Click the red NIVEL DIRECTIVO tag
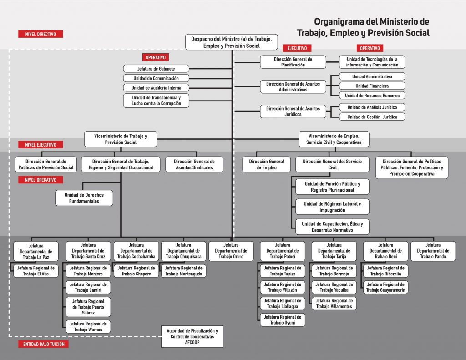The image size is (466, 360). tap(41, 34)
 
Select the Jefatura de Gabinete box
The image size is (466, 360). tap(156, 69)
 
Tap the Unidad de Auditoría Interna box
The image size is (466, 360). tap(156, 87)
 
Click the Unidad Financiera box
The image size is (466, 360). tap(372, 86)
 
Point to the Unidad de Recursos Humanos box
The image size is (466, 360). tap(372, 96)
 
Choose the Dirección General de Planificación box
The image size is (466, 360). tap(293, 62)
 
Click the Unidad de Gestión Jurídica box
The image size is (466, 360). tap(372, 117)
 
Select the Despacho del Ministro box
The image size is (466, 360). tap(232, 42)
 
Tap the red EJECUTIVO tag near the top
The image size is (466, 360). tap(297, 48)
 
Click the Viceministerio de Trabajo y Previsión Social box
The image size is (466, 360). tap(121, 139)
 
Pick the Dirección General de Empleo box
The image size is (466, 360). tap(267, 164)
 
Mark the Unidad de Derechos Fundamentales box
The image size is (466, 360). tap(84, 198)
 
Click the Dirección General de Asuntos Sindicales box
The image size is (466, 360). tap(194, 164)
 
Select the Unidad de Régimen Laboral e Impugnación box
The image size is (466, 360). tap(332, 207)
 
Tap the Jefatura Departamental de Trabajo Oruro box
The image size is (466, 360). tap(231, 251)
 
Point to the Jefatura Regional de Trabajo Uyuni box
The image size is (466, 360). tap(282, 319)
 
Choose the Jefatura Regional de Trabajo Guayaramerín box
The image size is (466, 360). tap(385, 287)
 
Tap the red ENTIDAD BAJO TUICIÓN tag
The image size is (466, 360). tap(43, 344)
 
